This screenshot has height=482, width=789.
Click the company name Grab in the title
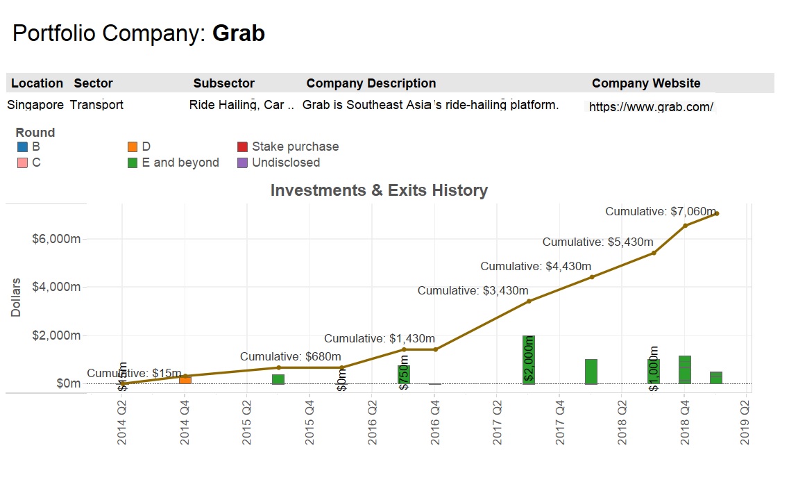238,33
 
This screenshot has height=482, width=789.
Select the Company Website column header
645,83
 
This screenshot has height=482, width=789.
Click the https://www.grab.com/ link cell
650,107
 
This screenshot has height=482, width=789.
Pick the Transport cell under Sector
96,105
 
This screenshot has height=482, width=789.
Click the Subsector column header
223,83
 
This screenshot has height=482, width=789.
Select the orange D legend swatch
133,147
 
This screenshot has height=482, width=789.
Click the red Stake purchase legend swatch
242,147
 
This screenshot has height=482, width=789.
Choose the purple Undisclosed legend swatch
242,163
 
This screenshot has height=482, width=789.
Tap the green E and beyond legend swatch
133,163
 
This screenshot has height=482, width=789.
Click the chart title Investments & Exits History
379,190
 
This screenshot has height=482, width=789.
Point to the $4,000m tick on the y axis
56,287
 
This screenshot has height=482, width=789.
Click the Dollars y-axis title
16,298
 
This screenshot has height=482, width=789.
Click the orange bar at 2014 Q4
185,379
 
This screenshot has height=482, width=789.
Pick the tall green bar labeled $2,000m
529,359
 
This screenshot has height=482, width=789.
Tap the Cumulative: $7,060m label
660,211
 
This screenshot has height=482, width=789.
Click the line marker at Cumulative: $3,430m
529,301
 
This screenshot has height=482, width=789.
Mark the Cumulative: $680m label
285,356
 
